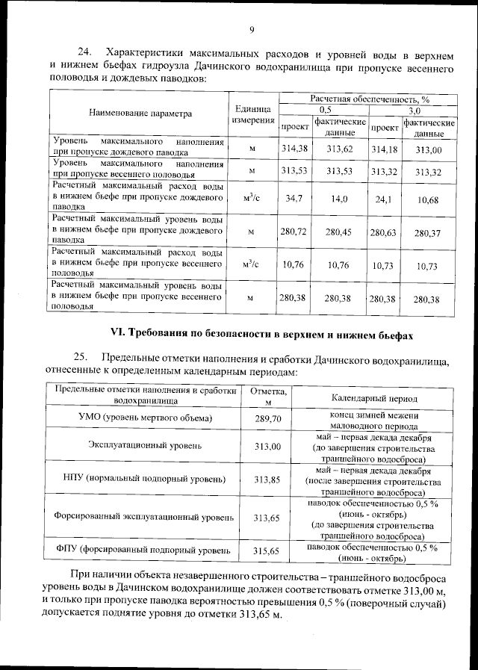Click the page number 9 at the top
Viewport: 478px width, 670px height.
click(x=252, y=30)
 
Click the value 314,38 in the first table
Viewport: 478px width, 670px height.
click(x=294, y=149)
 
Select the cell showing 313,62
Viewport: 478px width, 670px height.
click(x=340, y=149)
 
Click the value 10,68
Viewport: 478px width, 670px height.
click(x=428, y=199)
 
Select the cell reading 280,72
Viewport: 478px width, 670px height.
click(x=294, y=232)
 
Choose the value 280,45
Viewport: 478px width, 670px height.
click(x=340, y=232)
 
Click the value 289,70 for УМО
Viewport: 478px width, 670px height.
click(x=267, y=420)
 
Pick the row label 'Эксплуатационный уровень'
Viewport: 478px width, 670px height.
click(x=145, y=446)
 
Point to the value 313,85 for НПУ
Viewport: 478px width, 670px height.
click(x=267, y=479)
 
